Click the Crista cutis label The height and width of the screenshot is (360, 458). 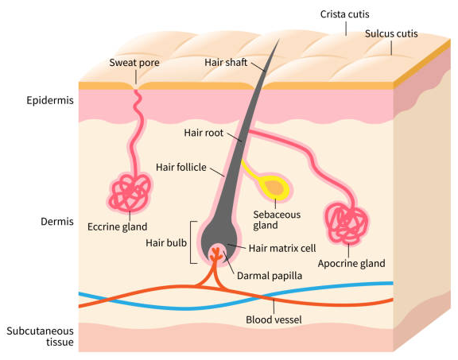[344, 14]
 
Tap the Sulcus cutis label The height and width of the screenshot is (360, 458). [391, 33]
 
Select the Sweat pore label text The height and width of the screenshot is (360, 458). [134, 63]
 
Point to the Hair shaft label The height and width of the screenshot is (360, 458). [226, 62]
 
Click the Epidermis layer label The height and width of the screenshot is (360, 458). [50, 100]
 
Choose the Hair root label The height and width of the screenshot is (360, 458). [204, 133]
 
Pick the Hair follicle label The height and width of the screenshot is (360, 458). [181, 168]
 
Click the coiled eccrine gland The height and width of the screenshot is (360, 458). [130, 192]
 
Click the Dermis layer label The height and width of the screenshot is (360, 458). [57, 222]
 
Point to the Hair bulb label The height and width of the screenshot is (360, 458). [166, 243]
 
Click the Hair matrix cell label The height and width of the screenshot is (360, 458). [282, 249]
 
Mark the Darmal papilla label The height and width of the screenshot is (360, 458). [270, 276]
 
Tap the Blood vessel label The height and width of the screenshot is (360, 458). [274, 319]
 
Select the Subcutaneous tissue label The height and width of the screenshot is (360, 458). [40, 336]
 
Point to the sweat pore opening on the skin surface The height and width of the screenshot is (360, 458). [136, 87]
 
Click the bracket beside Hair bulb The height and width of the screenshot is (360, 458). [192, 242]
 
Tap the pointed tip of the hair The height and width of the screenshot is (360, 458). [279, 39]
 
